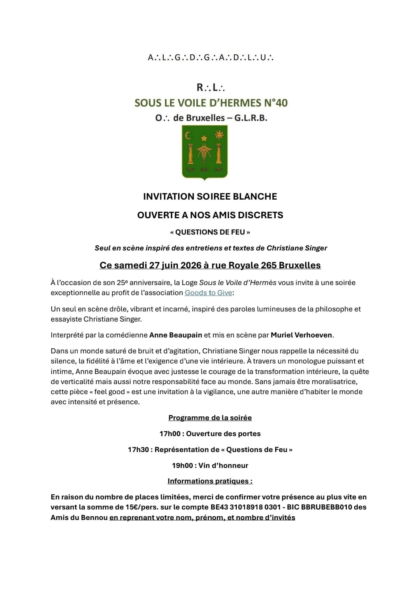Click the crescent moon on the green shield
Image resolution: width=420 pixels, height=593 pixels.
point(189,136)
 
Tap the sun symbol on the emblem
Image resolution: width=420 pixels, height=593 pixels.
point(220,135)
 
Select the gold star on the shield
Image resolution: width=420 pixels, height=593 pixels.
point(204,138)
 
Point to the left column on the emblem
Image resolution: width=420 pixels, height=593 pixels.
point(190,153)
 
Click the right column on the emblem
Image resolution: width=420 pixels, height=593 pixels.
point(219,153)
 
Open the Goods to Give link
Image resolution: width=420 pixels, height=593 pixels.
point(208,293)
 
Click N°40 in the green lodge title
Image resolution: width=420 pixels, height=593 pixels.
point(276,103)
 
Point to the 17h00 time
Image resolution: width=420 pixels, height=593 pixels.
point(170,434)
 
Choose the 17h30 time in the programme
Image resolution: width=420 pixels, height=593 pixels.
point(138,450)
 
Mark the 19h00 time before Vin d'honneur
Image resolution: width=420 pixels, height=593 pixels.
point(182,466)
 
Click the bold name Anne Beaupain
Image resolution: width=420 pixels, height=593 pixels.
point(176,335)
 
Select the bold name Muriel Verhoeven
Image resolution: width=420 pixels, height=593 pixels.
point(301,335)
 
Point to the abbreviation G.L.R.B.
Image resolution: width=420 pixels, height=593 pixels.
point(251,118)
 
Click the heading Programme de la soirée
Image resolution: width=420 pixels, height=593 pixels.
point(210,418)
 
